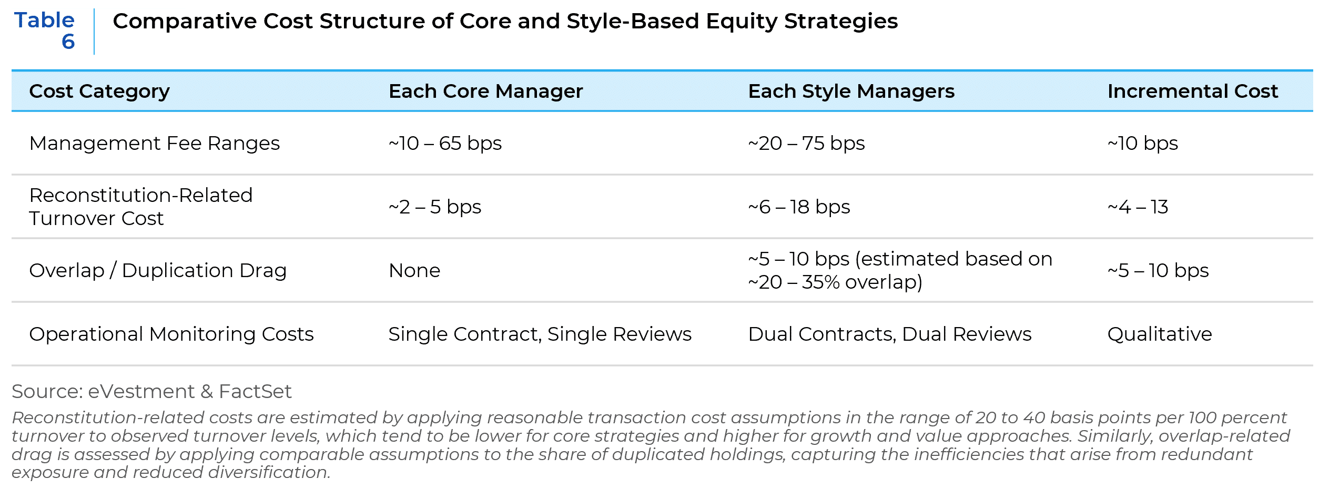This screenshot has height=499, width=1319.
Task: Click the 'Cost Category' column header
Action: tap(99, 91)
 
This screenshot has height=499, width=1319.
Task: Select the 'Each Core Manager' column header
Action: tap(485, 91)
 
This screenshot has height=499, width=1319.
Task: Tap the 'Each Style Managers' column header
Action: tap(851, 91)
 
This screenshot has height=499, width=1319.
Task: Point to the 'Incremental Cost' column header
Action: tap(1192, 91)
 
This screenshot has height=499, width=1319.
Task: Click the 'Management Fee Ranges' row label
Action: tap(154, 144)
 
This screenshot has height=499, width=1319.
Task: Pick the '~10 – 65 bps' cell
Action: tap(445, 144)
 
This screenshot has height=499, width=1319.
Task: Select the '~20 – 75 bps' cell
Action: tap(806, 144)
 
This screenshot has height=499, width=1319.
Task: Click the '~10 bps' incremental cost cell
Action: tap(1142, 144)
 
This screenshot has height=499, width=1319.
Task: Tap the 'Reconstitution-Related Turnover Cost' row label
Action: tap(141, 207)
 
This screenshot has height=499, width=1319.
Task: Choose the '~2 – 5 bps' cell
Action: tap(435, 207)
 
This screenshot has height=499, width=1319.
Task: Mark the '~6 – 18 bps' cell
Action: tap(799, 207)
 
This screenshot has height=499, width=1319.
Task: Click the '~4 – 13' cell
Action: tap(1138, 207)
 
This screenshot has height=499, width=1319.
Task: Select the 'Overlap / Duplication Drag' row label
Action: tap(158, 271)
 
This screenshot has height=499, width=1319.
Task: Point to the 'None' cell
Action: tap(414, 271)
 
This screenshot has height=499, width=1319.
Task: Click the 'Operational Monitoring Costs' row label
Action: tap(171, 334)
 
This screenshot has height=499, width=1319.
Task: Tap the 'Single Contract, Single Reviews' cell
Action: tap(540, 334)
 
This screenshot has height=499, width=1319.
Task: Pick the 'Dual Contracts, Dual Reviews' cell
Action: tap(889, 334)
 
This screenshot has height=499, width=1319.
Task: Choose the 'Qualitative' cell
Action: tap(1160, 334)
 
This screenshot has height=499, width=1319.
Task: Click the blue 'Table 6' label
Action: tap(45, 31)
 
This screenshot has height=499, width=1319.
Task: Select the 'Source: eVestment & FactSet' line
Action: tap(151, 392)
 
